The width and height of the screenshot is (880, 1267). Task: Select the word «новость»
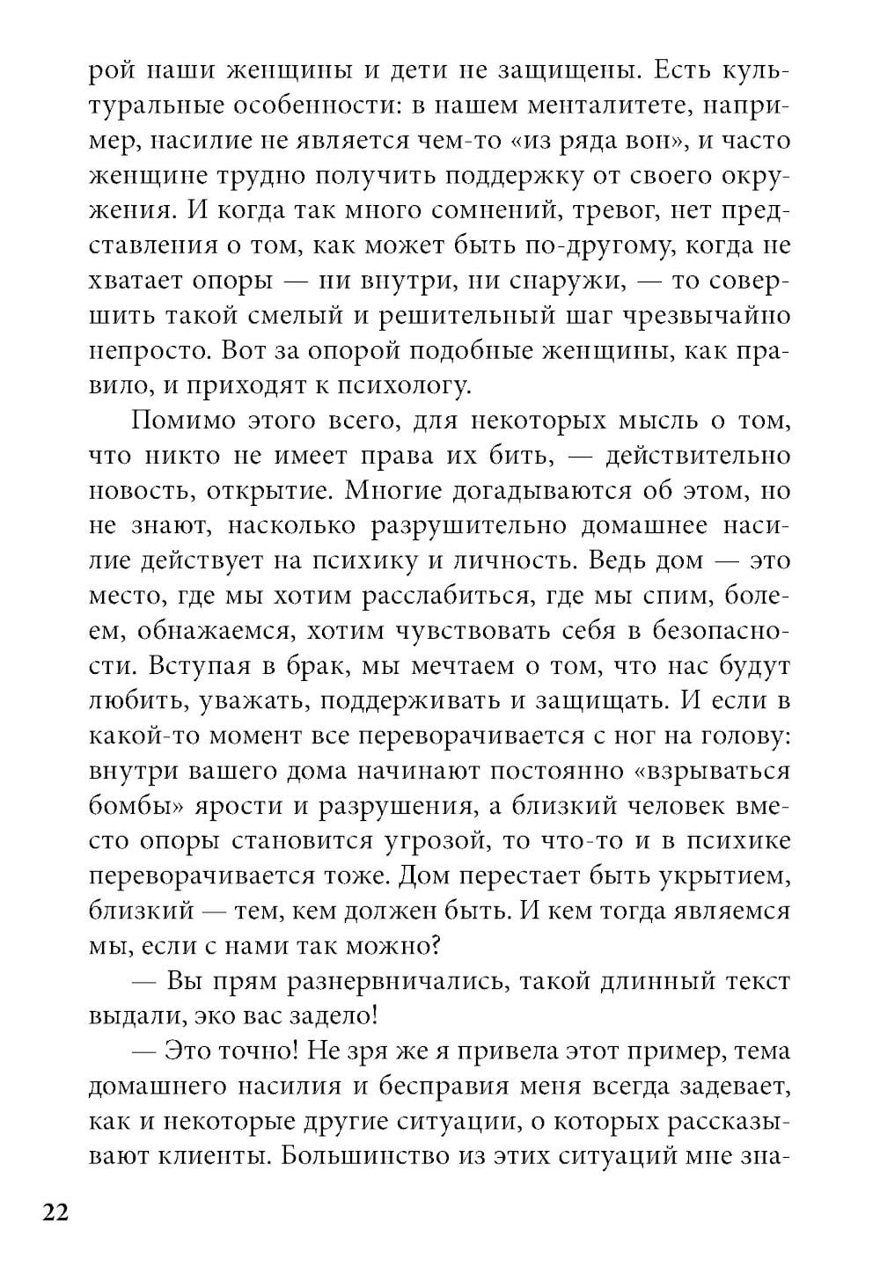coord(138,491)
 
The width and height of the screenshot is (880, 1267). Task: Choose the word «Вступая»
coord(200,666)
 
